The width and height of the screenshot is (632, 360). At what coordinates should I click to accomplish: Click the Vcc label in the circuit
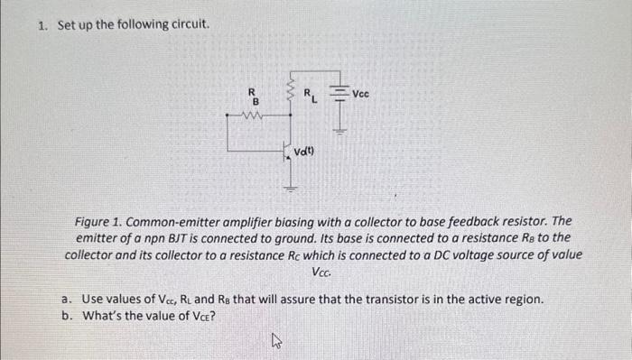(360, 93)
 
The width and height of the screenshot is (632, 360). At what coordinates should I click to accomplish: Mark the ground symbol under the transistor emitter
(291, 188)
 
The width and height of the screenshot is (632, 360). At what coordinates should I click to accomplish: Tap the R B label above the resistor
(254, 95)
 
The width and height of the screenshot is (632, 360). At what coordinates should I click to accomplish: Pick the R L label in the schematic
(309, 94)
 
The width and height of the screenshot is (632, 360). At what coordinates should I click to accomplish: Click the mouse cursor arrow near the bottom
(276, 340)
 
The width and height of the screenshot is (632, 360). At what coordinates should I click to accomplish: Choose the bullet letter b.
(66, 315)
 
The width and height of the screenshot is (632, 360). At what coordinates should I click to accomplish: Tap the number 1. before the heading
(43, 24)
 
